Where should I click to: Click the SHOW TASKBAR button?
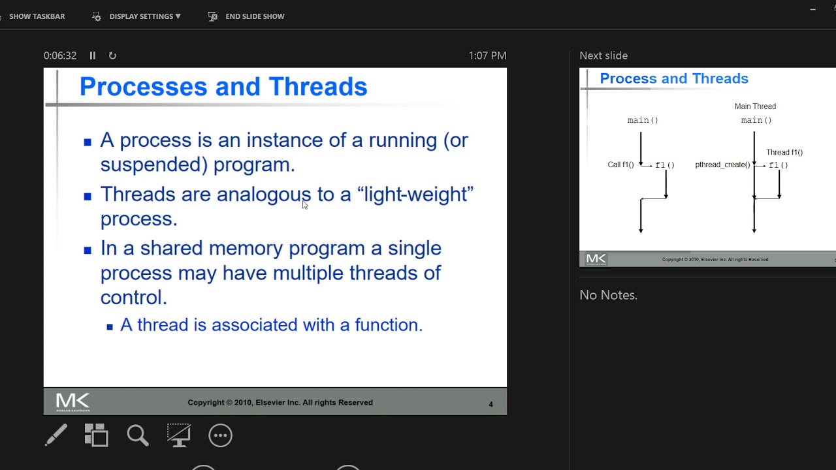click(x=37, y=16)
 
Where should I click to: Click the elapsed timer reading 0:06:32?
click(x=60, y=56)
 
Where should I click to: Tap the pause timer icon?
click(x=93, y=56)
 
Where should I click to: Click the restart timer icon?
click(x=112, y=56)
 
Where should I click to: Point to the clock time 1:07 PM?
click(x=487, y=56)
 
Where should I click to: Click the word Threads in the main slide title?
click(x=317, y=87)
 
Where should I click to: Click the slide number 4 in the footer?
click(x=490, y=404)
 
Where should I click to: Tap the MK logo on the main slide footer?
click(x=72, y=401)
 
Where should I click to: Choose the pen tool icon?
click(x=56, y=435)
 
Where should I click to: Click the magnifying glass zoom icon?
click(x=138, y=435)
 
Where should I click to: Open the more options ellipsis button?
click(x=220, y=435)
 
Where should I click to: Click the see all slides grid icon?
click(x=97, y=435)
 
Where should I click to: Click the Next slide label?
click(x=603, y=56)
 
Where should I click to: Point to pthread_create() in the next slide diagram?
click(x=722, y=165)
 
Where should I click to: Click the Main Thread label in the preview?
click(x=755, y=106)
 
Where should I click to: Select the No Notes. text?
click(x=608, y=295)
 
